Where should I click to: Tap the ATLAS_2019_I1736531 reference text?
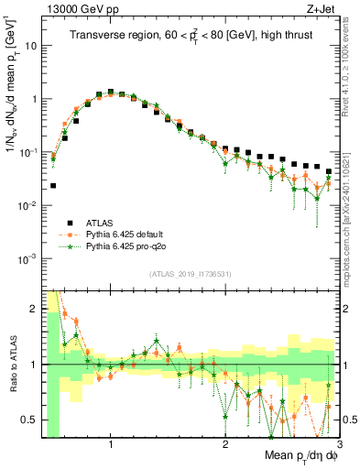191,274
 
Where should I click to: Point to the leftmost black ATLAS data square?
53,185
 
